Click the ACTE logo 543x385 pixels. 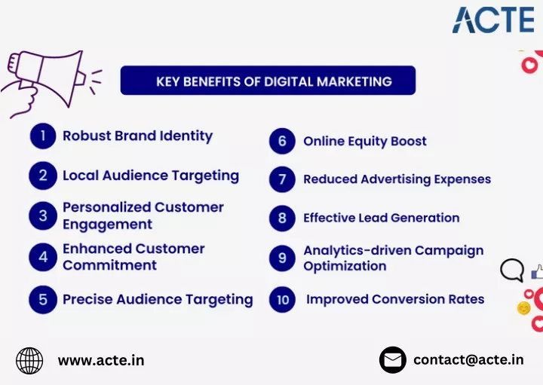pyautogui.click(x=493, y=20)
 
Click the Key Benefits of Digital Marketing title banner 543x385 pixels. pyautogui.click(x=268, y=81)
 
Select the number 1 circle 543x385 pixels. pyautogui.click(x=43, y=136)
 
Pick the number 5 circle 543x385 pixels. pyautogui.click(x=43, y=300)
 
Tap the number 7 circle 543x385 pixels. pyautogui.click(x=282, y=179)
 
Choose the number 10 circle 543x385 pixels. pyautogui.click(x=282, y=300)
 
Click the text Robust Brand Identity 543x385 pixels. pyautogui.click(x=137, y=136)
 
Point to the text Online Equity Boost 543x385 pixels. pyautogui.click(x=365, y=142)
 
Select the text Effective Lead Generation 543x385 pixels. pyautogui.click(x=382, y=218)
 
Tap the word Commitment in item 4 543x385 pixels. pyautogui.click(x=110, y=265)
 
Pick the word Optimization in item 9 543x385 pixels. pyautogui.click(x=345, y=267)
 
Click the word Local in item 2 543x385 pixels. pyautogui.click(x=81, y=176)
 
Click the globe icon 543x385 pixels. pyautogui.click(x=29, y=361)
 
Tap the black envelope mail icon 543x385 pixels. pyautogui.click(x=393, y=360)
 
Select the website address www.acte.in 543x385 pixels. pyautogui.click(x=101, y=361)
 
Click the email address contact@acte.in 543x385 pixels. pyautogui.click(x=468, y=360)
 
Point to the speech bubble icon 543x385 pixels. pyautogui.click(x=512, y=270)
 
